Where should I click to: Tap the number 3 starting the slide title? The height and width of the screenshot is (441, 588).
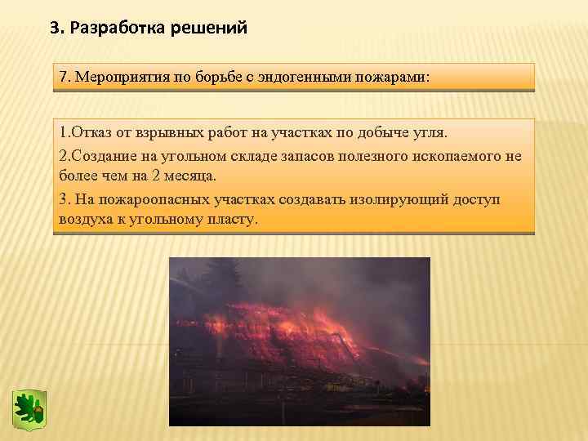point(55,29)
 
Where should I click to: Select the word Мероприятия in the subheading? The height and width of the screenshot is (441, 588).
point(121,78)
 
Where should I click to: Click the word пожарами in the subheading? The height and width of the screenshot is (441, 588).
point(394,78)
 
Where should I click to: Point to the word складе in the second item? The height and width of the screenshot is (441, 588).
point(248,156)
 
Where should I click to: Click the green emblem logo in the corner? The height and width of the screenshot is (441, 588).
point(29,407)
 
